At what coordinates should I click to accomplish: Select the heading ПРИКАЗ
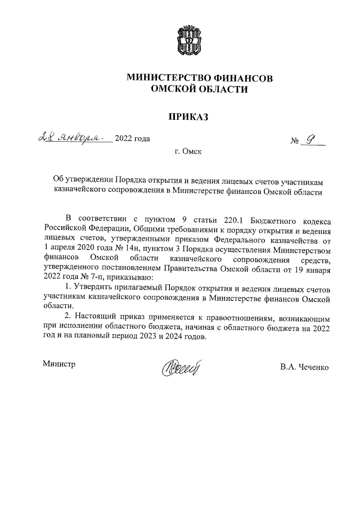(185, 116)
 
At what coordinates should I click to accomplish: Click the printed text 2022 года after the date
(132, 139)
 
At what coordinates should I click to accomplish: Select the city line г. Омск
(188, 151)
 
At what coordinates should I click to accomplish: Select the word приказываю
(129, 277)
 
